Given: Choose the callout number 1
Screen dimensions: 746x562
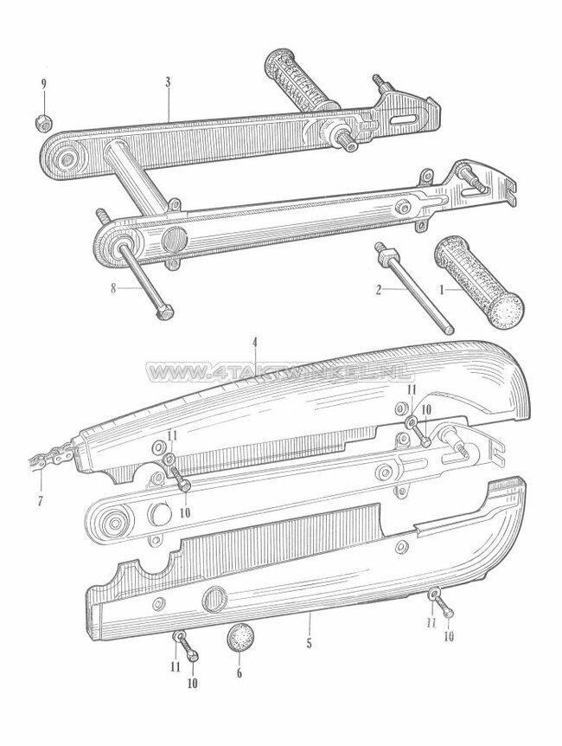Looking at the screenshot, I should (443, 293).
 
